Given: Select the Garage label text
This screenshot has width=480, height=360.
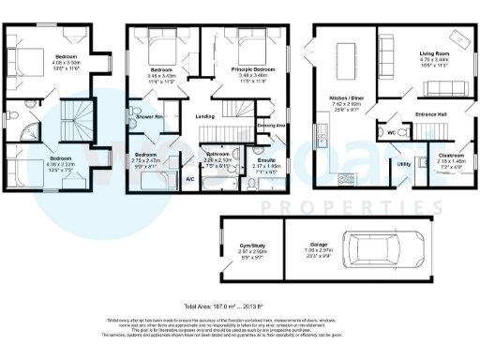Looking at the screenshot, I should (x=317, y=247).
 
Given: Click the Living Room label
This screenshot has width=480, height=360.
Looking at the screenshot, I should (x=434, y=55).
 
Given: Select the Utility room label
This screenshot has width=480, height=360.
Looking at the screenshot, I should (x=404, y=164).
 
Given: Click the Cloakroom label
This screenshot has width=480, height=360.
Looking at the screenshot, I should (x=444, y=155).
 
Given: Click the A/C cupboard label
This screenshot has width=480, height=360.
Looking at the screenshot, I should (x=189, y=178).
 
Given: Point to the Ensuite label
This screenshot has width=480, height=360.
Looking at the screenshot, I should (x=267, y=160).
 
